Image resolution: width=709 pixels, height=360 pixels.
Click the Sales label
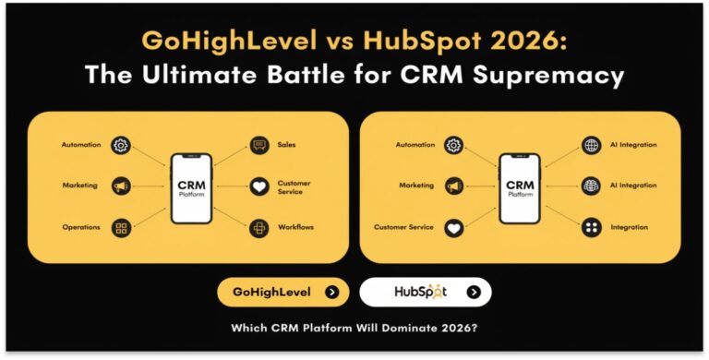(286, 145)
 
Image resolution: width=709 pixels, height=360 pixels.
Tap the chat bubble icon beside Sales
(259, 145)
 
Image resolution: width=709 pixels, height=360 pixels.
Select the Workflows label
(296, 227)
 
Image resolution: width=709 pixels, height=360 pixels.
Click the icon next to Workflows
(259, 227)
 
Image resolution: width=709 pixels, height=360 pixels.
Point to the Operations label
(81, 227)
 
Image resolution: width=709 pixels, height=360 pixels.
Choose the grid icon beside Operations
(120, 227)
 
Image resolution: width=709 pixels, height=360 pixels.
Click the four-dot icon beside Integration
(591, 227)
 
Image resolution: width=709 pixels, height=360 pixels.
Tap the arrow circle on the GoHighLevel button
(331, 293)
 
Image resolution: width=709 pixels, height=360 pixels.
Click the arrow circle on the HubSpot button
(474, 293)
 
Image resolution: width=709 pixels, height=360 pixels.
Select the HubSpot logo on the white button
(420, 293)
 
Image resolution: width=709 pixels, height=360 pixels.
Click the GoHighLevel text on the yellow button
(271, 293)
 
